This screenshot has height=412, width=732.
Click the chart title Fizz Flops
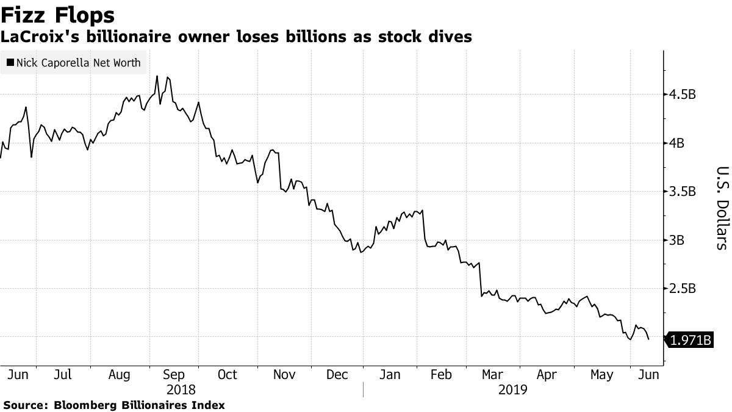pos(58,15)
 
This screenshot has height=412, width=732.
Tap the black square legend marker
pos(10,62)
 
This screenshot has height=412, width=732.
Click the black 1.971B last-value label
pos(690,340)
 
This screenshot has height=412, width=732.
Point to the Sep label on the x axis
pos(174,375)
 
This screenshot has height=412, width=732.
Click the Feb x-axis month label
pos(441,375)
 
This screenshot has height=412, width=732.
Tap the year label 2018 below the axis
pos(181,389)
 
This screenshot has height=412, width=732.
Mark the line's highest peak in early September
pos(157,76)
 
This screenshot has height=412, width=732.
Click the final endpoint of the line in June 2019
pos(648,339)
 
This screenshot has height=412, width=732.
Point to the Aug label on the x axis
pos(120,375)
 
